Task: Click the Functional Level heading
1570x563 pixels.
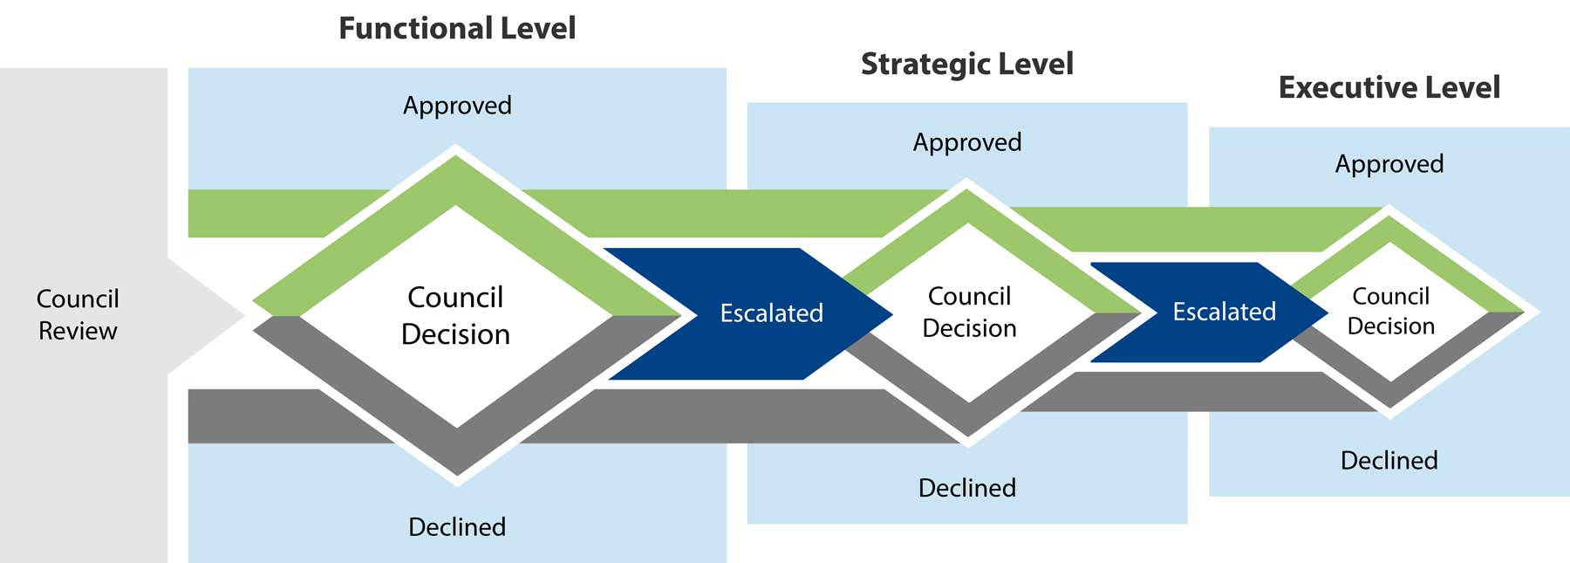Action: (457, 28)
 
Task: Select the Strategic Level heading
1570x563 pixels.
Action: (966, 64)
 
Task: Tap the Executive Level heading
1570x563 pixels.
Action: (1389, 87)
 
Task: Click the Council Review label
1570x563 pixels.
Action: (78, 314)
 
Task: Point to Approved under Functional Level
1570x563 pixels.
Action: (457, 106)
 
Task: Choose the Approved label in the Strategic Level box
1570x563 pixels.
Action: (966, 142)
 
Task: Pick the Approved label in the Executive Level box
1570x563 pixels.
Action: (1389, 164)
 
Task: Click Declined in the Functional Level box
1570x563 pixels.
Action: (457, 526)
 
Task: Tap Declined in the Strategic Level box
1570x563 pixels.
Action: (966, 487)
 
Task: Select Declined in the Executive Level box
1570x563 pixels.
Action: (1389, 460)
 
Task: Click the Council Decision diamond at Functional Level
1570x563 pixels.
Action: (455, 315)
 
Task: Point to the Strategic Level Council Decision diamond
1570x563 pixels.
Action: (969, 312)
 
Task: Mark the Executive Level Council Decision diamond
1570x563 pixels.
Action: (1390, 311)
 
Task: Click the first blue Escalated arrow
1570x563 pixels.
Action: (771, 312)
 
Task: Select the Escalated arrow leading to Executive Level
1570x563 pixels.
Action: (1224, 312)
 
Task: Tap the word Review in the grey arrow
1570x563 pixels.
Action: (78, 331)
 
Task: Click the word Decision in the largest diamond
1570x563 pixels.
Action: (455, 334)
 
